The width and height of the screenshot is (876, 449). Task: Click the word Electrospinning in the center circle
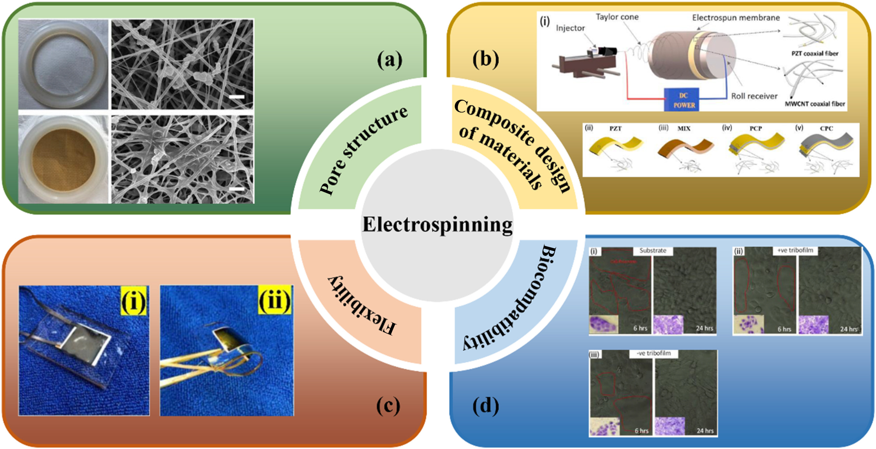(437, 225)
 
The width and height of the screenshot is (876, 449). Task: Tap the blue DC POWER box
(681, 100)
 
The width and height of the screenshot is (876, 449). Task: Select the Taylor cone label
(617, 17)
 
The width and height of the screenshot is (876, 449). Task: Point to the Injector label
(570, 28)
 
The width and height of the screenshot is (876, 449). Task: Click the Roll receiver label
(754, 96)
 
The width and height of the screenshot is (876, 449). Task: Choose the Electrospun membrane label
(736, 18)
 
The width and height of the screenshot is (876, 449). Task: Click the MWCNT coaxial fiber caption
(815, 104)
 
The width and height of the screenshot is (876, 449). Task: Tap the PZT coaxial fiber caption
(815, 54)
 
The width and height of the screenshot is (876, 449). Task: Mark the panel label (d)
(486, 406)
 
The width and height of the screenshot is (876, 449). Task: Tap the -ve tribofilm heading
(654, 353)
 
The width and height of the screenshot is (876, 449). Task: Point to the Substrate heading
(653, 250)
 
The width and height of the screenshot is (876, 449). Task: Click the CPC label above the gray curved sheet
(826, 129)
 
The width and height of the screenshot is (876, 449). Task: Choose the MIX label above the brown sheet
(684, 129)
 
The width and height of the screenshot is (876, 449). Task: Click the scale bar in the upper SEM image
(237, 97)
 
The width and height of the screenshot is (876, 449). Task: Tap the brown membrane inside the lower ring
(63, 160)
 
